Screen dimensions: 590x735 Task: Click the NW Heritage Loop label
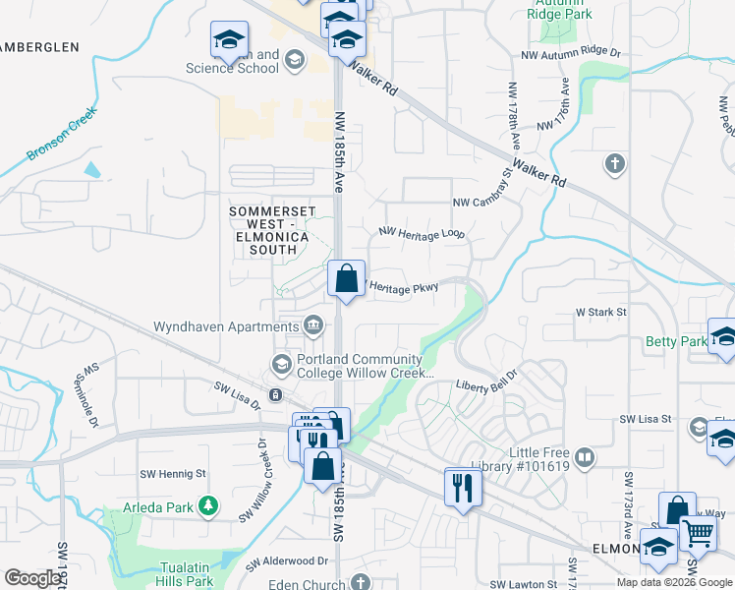tap(422, 233)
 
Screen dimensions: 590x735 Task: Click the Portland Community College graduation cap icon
tap(282, 365)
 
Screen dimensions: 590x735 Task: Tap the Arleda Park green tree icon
tap(208, 505)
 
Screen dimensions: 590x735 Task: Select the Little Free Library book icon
tap(585, 457)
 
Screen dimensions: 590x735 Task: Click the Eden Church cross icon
tap(362, 583)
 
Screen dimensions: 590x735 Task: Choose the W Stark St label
tap(600, 313)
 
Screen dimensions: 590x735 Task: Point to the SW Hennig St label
tap(173, 473)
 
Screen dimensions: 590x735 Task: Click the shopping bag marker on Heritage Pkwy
tap(346, 278)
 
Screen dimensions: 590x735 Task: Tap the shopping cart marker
tap(699, 533)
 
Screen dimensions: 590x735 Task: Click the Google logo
tap(33, 578)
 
